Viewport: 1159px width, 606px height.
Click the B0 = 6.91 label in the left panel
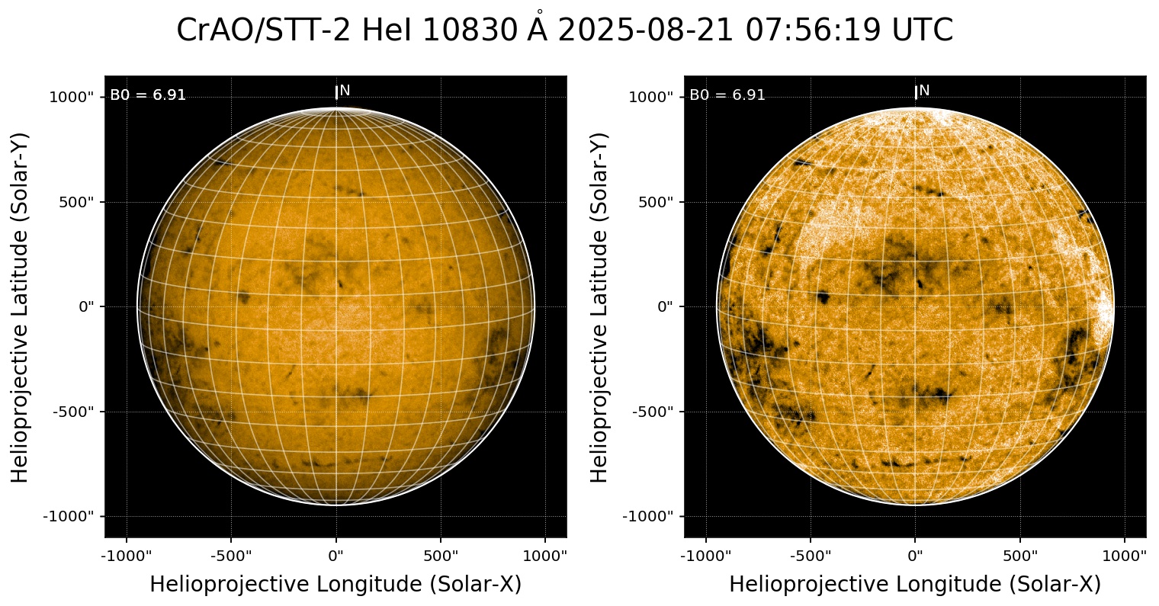(x=148, y=95)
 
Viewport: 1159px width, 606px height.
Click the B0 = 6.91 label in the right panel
(x=727, y=95)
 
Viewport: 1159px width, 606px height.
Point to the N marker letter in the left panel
(x=345, y=91)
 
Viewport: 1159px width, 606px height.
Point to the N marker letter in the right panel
(x=924, y=91)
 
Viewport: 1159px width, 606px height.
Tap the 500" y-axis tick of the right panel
(x=654, y=202)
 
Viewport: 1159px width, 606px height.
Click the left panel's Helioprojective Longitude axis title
(x=335, y=585)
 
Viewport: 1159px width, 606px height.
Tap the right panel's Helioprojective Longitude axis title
(x=915, y=585)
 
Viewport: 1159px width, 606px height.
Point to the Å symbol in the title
(x=539, y=29)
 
